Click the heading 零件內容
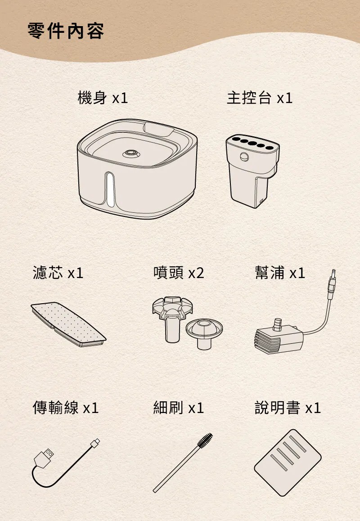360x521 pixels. [66, 31]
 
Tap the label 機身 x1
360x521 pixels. [103, 98]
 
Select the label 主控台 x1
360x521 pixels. [260, 98]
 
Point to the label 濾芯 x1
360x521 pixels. [58, 273]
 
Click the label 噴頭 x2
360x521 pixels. [179, 273]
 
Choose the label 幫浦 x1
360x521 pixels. [280, 273]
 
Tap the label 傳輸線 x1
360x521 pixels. [66, 407]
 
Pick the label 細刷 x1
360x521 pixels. [179, 407]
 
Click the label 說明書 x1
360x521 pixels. [288, 407]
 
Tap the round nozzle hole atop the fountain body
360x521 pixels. [131, 154]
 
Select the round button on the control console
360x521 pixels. [244, 157]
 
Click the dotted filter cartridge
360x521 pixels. [68, 324]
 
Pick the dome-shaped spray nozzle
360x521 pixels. [204, 333]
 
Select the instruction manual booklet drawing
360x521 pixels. [288, 463]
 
